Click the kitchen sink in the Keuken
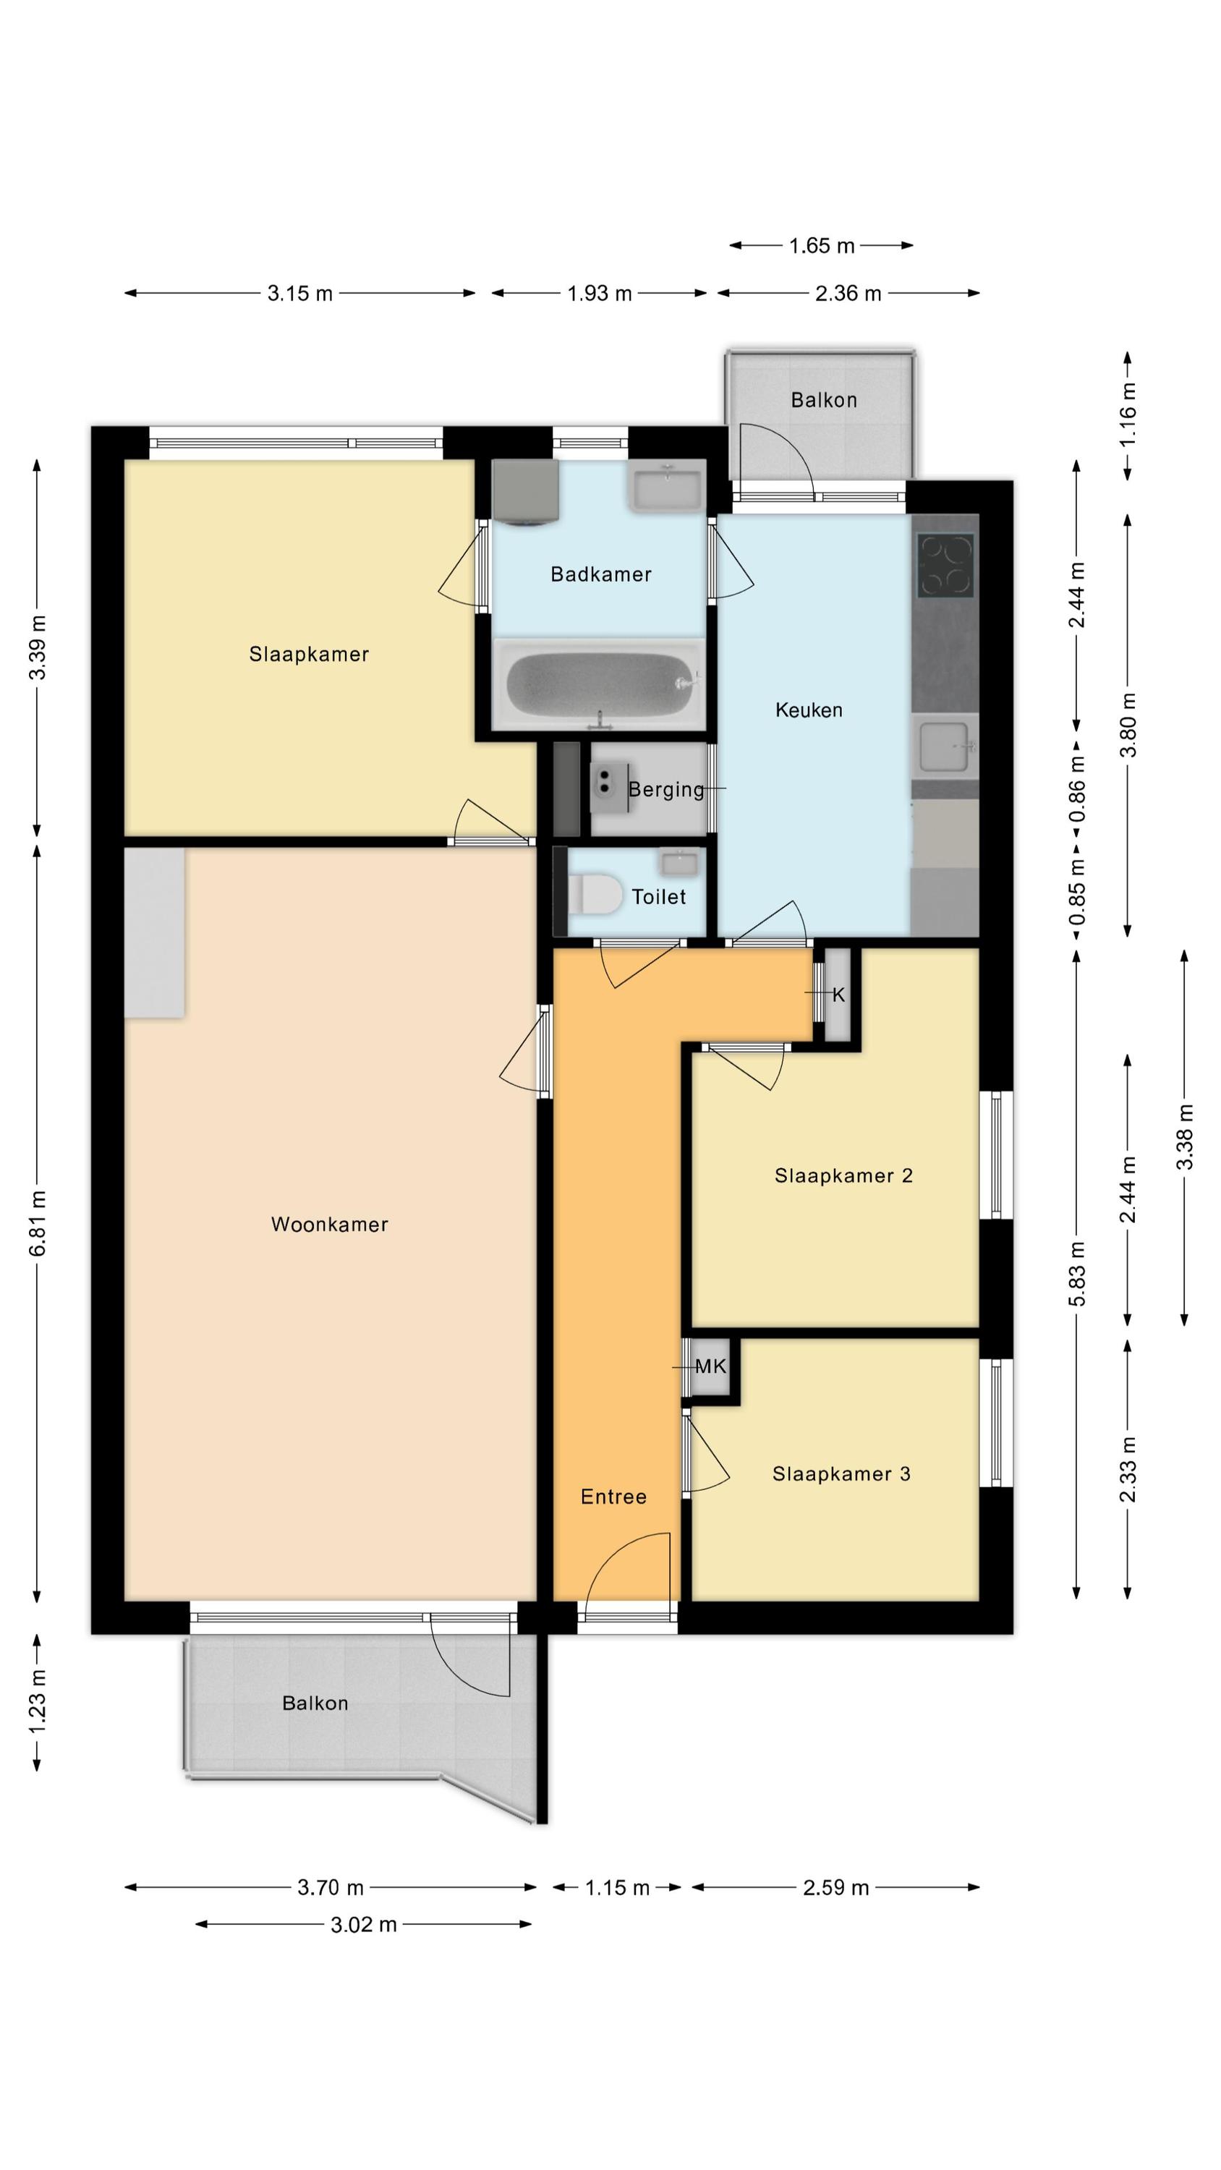coord(945,745)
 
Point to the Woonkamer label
coord(329,1224)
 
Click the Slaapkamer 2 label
coord(843,1175)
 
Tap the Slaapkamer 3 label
coord(841,1473)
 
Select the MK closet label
coord(710,1366)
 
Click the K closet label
coord(838,995)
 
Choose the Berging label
coord(665,789)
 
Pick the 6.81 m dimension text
coord(38,1223)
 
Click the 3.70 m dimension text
coord(331,1887)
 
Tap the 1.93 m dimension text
coord(599,293)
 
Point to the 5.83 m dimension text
coord(1077,1274)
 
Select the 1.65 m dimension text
coord(822,246)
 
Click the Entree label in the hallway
coord(613,1497)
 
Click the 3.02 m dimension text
coord(363,1924)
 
